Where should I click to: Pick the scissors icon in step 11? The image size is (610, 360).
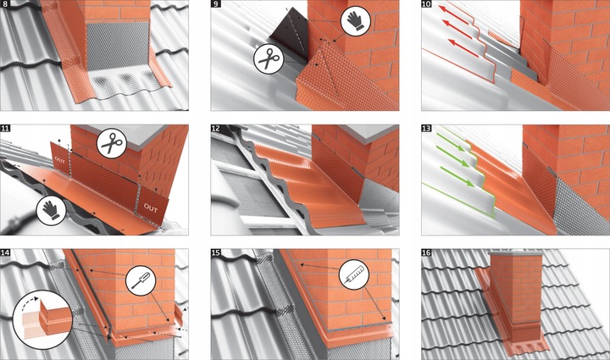[110, 144]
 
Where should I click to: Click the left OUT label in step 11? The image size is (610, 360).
[59, 158]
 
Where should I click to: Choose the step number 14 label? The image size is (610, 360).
[7, 252]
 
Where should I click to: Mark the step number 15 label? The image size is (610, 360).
[217, 252]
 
